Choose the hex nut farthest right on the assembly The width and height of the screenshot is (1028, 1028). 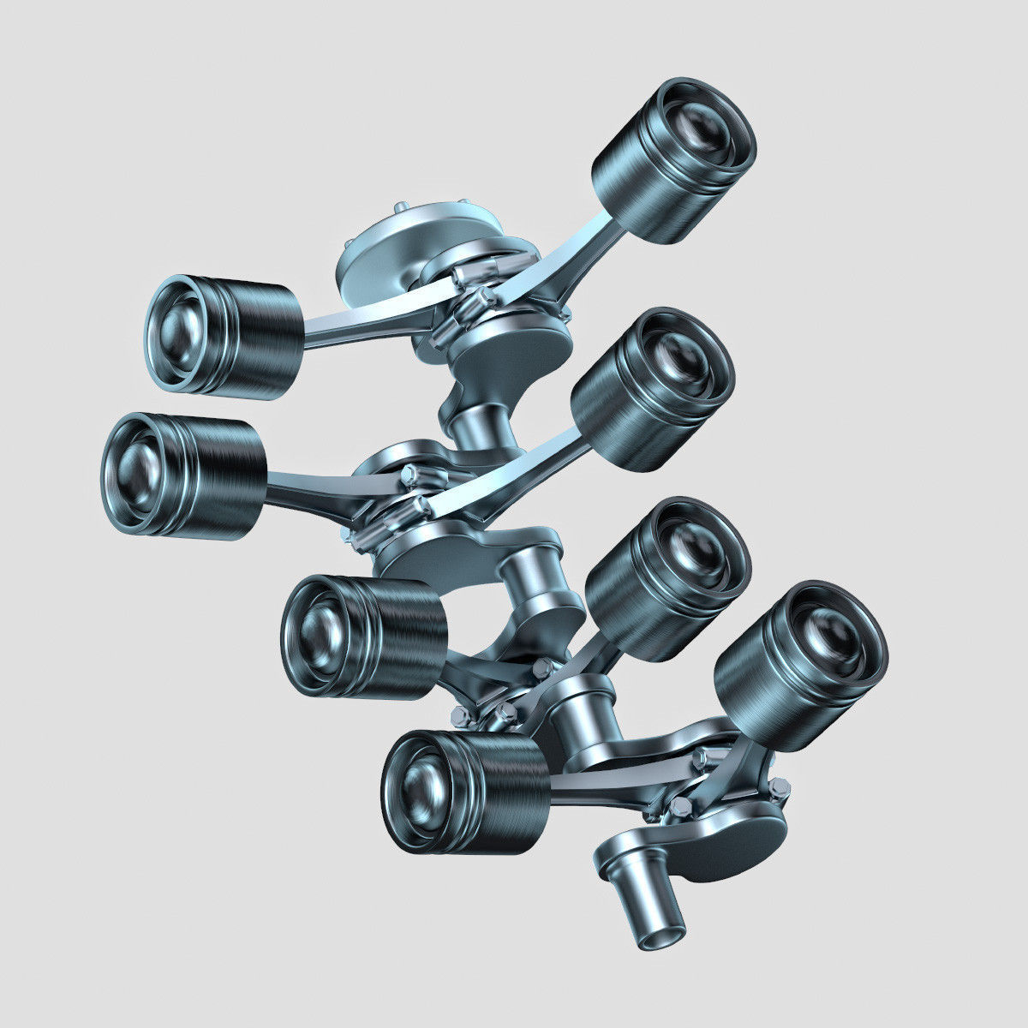point(780,786)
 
